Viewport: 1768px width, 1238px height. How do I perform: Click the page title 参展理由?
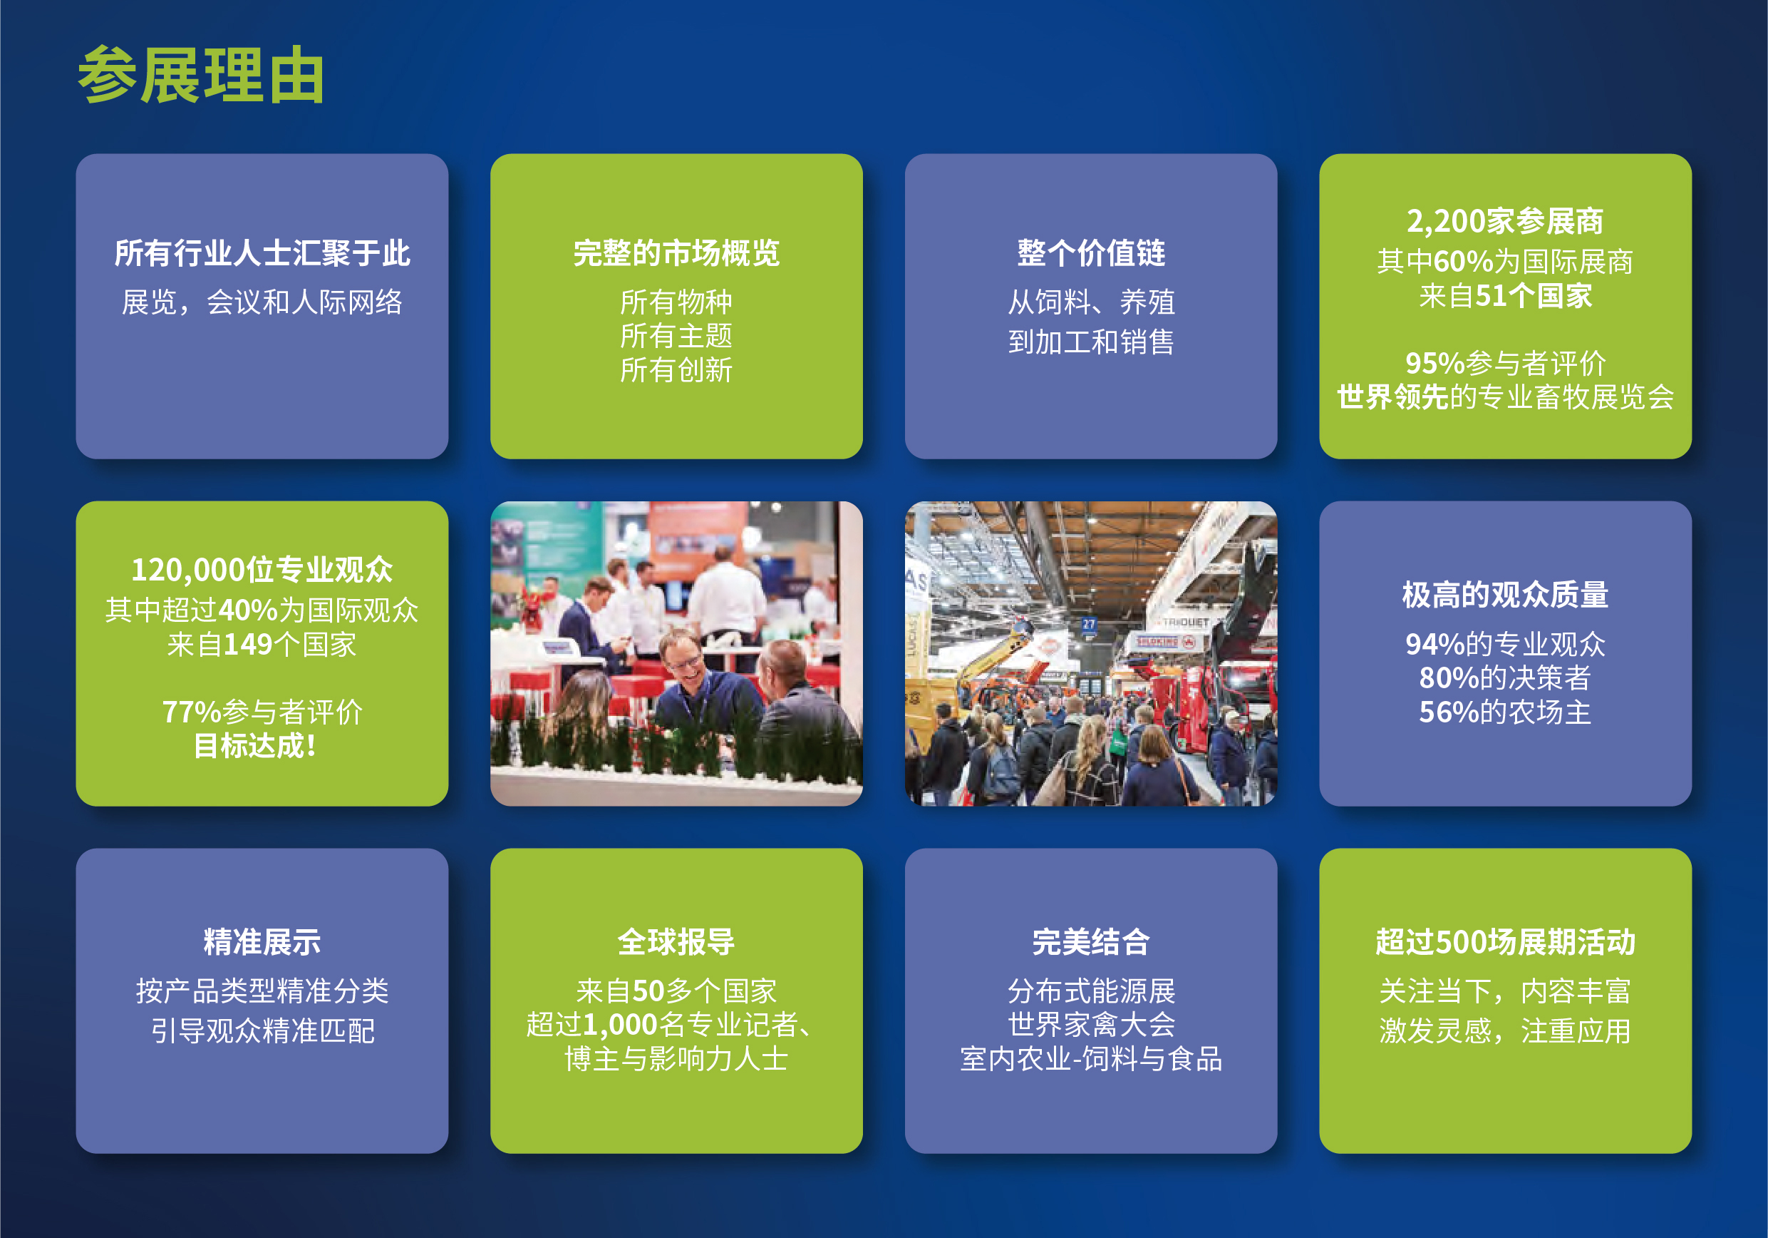click(x=201, y=75)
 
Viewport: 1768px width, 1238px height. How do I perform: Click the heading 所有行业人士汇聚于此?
click(x=262, y=252)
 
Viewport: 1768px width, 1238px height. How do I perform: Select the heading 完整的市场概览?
click(x=676, y=252)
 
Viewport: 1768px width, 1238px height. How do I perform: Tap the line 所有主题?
click(x=676, y=336)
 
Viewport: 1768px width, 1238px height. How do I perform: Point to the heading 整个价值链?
click(x=1090, y=252)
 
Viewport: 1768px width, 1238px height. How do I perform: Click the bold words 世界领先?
click(x=1392, y=397)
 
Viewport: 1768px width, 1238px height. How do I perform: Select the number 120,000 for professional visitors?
click(x=189, y=570)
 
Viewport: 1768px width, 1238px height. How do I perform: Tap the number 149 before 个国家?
click(x=247, y=644)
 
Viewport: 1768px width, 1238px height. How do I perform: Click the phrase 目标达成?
click(x=255, y=746)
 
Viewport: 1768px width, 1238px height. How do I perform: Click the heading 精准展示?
click(x=262, y=941)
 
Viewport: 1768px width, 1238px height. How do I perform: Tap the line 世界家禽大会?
click(x=1091, y=1025)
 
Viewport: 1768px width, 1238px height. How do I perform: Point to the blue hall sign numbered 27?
click(x=1088, y=624)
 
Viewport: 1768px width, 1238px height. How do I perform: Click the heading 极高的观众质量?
click(x=1504, y=595)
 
